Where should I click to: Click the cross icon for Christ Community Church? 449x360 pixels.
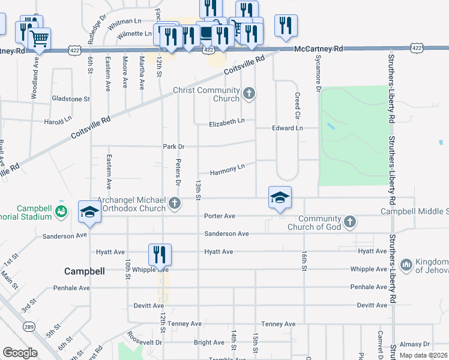click(x=249, y=93)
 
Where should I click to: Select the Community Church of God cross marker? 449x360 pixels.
click(x=350, y=223)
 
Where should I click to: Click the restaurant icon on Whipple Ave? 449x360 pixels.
click(x=160, y=254)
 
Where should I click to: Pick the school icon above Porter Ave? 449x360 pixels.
click(x=280, y=197)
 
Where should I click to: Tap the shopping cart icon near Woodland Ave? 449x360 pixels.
click(x=39, y=39)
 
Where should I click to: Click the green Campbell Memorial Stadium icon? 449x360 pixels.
click(x=61, y=211)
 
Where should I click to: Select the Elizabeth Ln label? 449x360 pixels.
click(x=227, y=122)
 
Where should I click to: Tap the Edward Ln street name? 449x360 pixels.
click(x=288, y=128)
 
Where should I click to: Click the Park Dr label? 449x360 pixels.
click(x=173, y=146)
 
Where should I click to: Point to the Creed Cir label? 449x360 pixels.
click(x=297, y=103)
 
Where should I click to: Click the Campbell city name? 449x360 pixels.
click(x=85, y=271)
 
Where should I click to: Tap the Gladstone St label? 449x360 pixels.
click(x=71, y=98)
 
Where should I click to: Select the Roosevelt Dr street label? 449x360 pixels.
click(x=144, y=340)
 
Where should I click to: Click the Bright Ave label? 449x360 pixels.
click(x=209, y=343)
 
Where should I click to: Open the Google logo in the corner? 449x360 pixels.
click(x=20, y=353)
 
